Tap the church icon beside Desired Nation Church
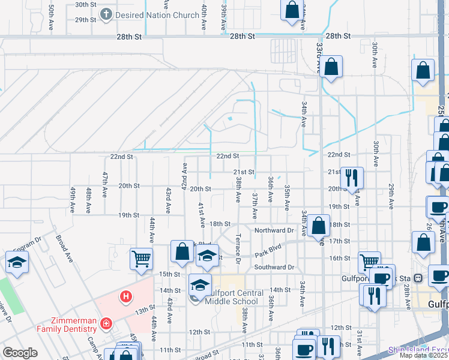coord(106,14)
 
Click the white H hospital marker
coord(125,296)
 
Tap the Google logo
coord(20,353)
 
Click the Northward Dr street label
coord(274,230)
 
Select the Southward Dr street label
coord(274,267)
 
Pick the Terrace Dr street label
coord(238,248)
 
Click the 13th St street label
coord(145,311)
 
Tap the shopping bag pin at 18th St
coord(319,226)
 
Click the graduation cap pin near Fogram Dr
coord(17,262)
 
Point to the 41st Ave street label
coord(201,215)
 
